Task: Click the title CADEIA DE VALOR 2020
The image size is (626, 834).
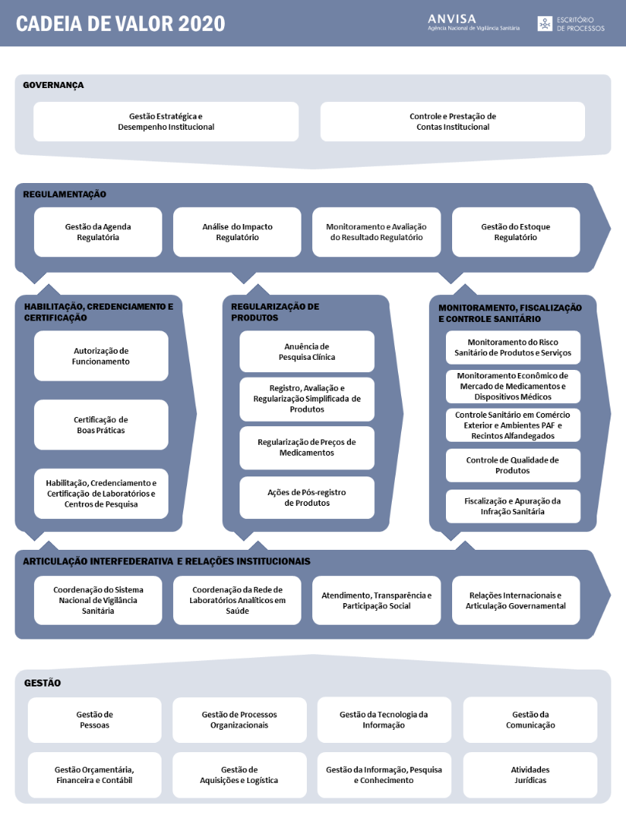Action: point(121,23)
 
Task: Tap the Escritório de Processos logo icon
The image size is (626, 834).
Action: point(546,23)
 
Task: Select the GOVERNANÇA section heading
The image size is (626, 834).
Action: point(53,85)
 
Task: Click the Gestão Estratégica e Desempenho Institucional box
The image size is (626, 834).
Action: point(166,121)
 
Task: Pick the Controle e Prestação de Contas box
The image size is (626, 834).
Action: point(452,121)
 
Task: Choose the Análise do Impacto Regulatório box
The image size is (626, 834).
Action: point(237,232)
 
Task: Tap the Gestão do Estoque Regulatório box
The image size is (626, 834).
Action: point(515,232)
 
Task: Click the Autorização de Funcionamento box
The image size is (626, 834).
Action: point(101,356)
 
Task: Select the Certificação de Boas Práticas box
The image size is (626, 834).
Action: point(101,425)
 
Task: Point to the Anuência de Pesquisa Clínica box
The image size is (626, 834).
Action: point(307,351)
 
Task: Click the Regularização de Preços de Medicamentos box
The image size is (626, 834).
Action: point(307,447)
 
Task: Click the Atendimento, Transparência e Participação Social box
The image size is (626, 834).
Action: point(376,600)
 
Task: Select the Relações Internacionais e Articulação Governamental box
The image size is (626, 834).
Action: point(515,600)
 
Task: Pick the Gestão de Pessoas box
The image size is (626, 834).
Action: point(94,720)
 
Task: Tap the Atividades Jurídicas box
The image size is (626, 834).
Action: point(530,775)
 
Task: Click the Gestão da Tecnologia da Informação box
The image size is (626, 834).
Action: point(383,720)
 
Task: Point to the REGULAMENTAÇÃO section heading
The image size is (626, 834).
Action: point(65,195)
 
